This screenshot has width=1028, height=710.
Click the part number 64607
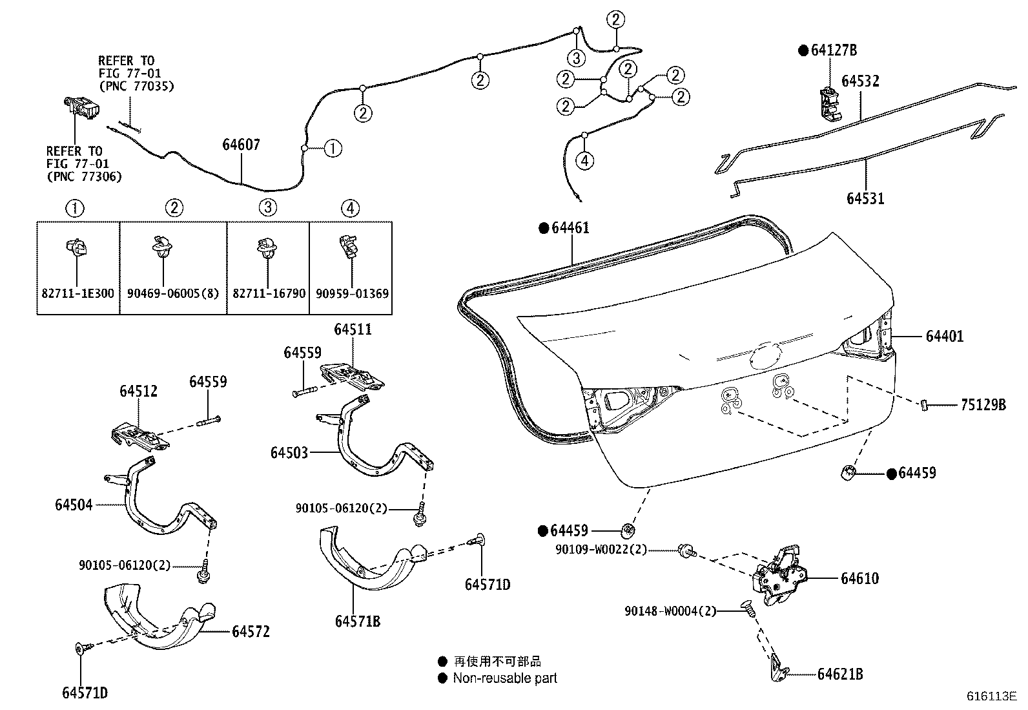click(241, 145)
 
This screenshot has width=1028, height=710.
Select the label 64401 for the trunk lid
click(944, 336)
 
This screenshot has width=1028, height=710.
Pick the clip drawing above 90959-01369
click(348, 247)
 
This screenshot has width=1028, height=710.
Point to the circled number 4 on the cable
click(584, 160)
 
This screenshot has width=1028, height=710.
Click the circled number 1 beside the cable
click(332, 149)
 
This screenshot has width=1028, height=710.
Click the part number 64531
click(865, 198)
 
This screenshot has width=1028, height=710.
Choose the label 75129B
click(983, 405)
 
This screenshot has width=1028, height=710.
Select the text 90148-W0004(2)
click(670, 611)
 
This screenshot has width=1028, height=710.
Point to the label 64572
click(251, 631)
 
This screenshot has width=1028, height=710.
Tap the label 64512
click(138, 392)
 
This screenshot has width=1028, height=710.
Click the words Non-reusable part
click(504, 678)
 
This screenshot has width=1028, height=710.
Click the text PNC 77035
click(136, 86)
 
